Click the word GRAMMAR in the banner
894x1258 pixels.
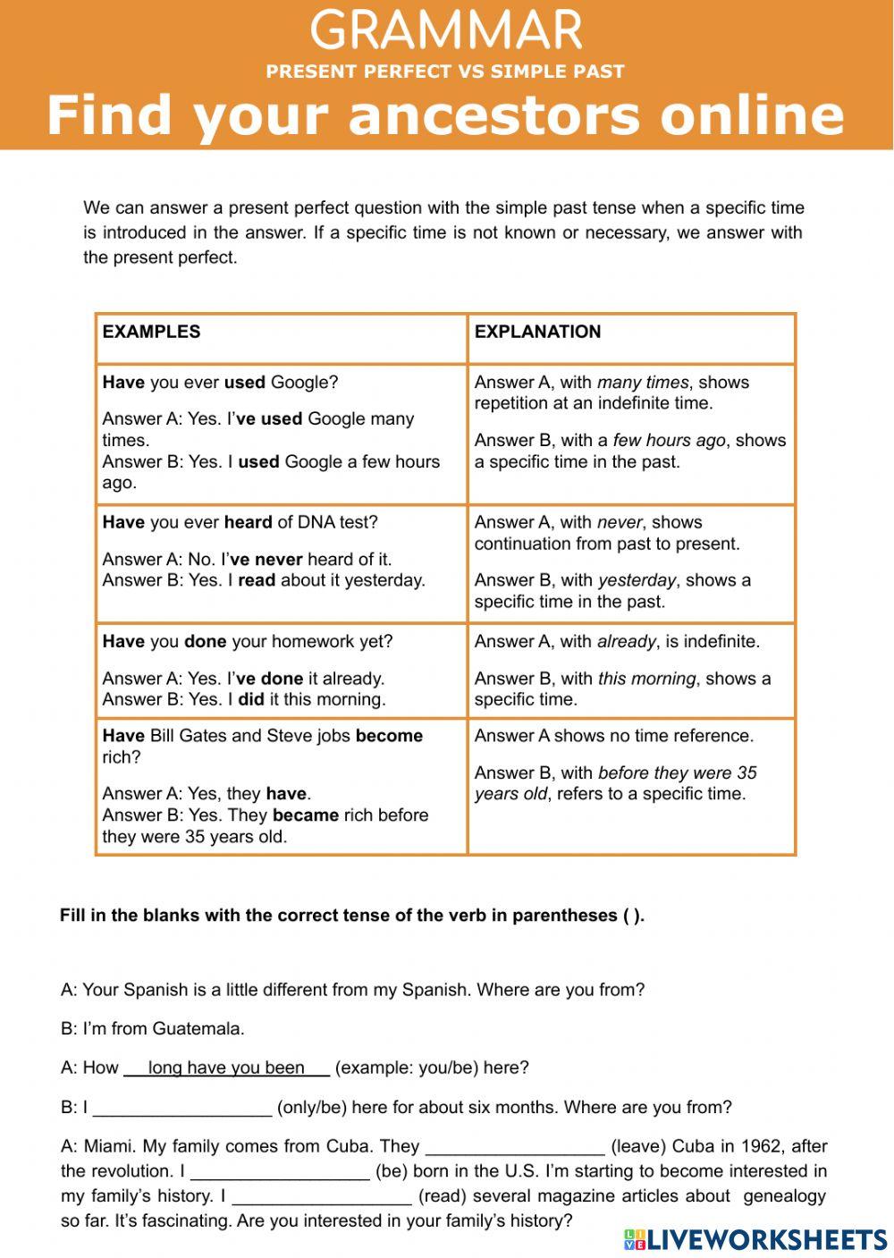coord(446,30)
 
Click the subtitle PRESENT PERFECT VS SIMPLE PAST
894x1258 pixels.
coord(445,72)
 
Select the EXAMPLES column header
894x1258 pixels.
coord(151,332)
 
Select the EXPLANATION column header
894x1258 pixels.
coord(537,332)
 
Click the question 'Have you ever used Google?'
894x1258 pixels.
coord(220,383)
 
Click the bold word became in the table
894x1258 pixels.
coord(305,815)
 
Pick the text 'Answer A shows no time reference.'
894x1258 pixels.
coord(614,736)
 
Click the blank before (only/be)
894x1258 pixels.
coord(182,1108)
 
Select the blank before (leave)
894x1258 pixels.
coord(515,1146)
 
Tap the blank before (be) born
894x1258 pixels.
coord(280,1171)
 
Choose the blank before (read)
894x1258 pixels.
coord(321,1196)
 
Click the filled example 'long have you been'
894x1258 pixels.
coord(226,1068)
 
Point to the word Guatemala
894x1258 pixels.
coord(198,1029)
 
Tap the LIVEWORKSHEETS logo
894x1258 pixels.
coord(755,1238)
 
